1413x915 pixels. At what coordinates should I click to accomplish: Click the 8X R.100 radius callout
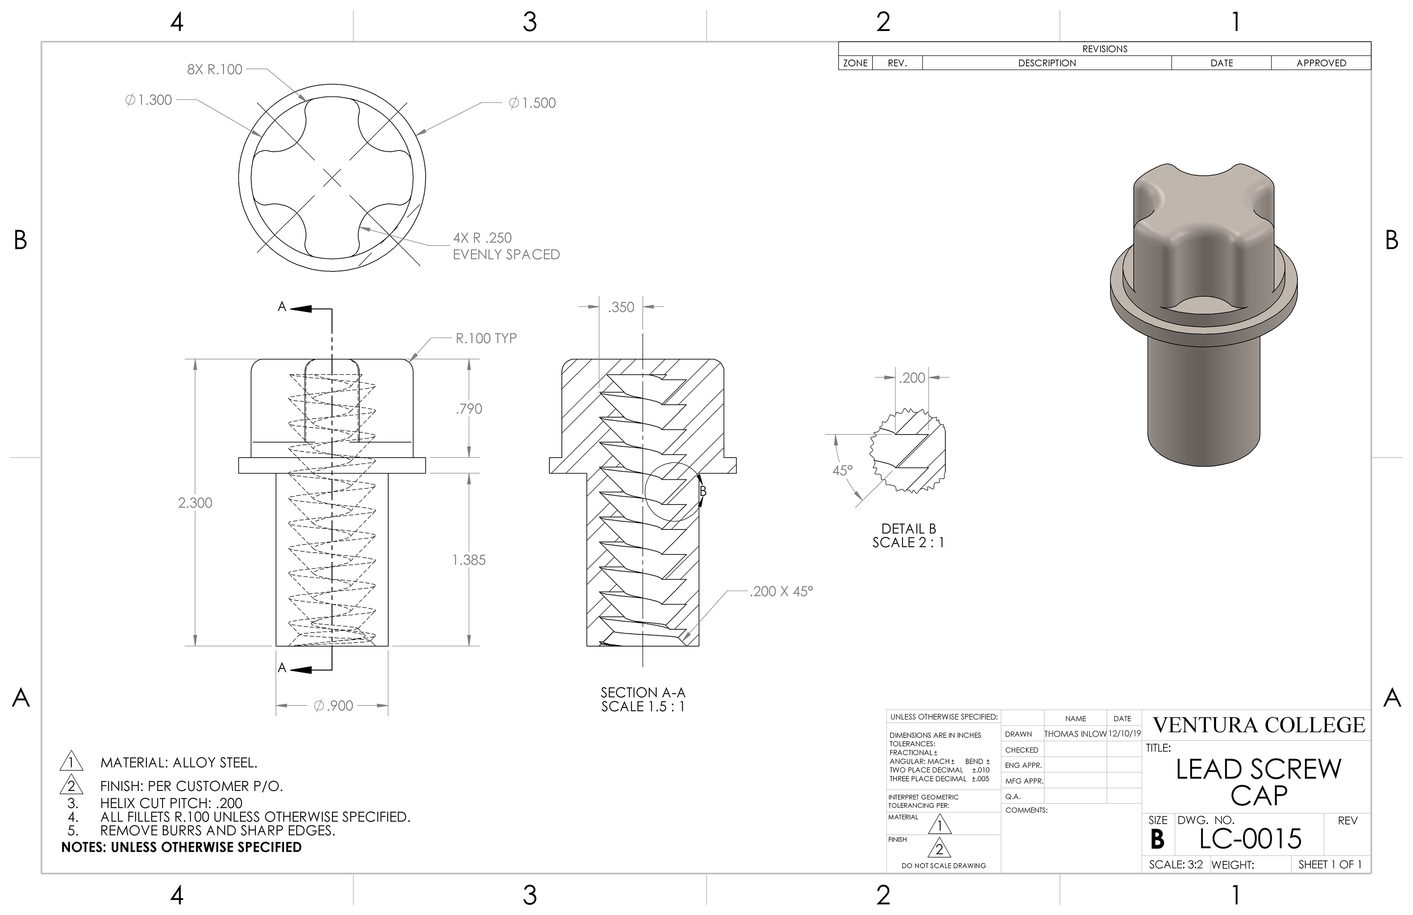click(215, 70)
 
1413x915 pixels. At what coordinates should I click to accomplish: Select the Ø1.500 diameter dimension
click(532, 103)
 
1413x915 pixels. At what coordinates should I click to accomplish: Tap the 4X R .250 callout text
click(482, 237)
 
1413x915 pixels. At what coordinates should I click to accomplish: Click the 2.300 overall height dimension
click(195, 503)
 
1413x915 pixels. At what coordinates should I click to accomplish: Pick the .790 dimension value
click(469, 409)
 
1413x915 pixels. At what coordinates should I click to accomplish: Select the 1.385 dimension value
click(469, 560)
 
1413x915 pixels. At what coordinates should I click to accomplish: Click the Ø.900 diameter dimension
click(334, 706)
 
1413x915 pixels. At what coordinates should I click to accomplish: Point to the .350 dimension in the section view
click(621, 307)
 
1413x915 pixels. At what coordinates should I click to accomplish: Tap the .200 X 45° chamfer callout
click(781, 591)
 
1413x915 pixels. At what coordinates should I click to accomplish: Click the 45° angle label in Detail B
click(842, 470)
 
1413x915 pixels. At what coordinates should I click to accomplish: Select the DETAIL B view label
click(909, 528)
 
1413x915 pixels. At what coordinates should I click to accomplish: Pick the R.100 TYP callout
click(486, 338)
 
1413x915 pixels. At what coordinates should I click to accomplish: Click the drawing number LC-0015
click(1250, 839)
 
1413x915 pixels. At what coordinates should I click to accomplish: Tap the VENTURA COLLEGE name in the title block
click(1259, 725)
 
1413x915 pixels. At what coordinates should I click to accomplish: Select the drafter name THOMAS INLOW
click(1075, 734)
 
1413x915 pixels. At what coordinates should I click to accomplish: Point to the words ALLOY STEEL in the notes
click(215, 762)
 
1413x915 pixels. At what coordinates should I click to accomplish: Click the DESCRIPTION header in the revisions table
click(1047, 63)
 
